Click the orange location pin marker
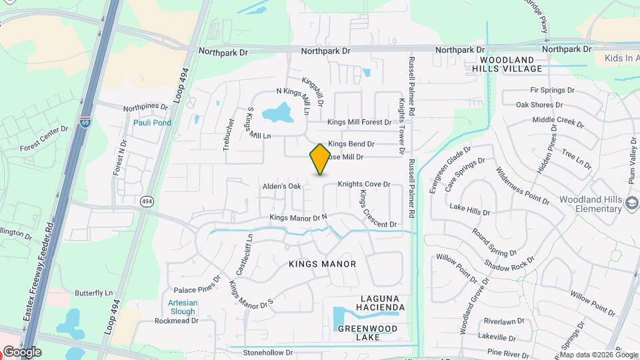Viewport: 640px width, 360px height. (x=320, y=159)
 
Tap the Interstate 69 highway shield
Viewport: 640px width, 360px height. (x=85, y=122)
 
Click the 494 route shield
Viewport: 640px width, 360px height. (x=147, y=200)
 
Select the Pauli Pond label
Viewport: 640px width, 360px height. (x=152, y=123)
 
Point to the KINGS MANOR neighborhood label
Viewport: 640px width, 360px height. (x=323, y=264)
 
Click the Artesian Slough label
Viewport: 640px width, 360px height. (x=182, y=307)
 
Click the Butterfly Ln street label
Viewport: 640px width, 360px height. (x=94, y=293)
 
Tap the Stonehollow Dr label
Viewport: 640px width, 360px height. (x=268, y=352)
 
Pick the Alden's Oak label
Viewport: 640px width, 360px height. (x=282, y=186)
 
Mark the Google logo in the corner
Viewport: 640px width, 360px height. (x=21, y=351)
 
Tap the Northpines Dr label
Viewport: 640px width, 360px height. (x=145, y=107)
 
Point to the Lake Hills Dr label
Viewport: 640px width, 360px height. (x=469, y=210)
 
